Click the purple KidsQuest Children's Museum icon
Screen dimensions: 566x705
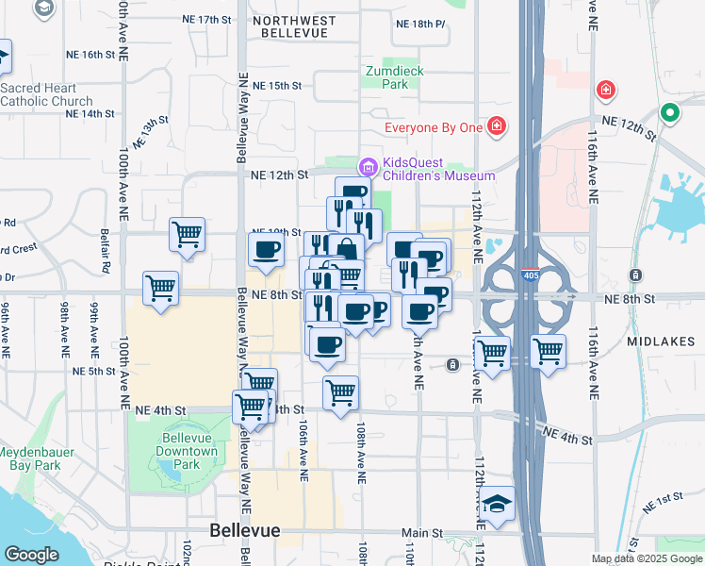pos(367,167)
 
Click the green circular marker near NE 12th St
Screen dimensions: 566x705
pos(670,113)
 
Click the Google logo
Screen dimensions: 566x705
pos(32,555)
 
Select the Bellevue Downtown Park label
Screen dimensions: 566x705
pos(187,458)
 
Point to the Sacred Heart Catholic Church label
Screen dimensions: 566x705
pos(46,94)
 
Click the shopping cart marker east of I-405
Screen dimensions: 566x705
pos(548,352)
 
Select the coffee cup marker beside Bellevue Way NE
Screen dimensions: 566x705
pos(265,250)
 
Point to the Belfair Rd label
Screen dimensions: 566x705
pos(107,267)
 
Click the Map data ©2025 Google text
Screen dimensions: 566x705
pos(646,558)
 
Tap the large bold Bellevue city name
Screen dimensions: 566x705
pos(244,530)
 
